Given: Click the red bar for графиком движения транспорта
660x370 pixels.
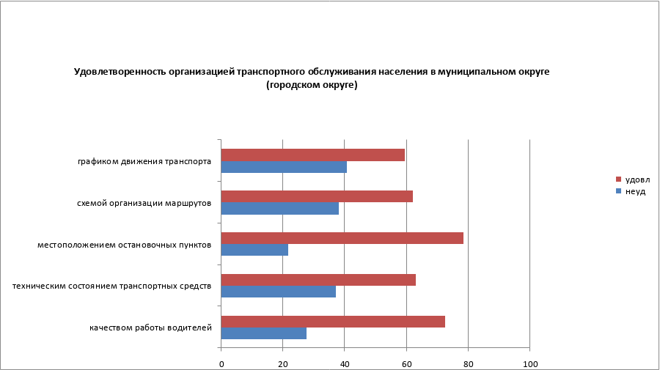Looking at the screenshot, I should tap(312, 155).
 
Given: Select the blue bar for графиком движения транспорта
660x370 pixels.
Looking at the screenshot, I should tap(284, 167).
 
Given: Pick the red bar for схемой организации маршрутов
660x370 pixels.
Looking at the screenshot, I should tap(317, 196).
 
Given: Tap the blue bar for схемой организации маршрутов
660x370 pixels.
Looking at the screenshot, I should tap(279, 208).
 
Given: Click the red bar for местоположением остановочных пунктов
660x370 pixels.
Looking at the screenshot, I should tap(342, 238).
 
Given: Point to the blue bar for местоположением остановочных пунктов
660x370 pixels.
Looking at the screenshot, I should tap(254, 250).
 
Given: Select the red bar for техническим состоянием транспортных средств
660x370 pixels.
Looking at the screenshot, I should tap(318, 280).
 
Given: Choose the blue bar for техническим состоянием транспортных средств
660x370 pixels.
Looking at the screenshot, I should tap(278, 292).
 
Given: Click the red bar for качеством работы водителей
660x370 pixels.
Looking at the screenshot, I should tap(333, 322).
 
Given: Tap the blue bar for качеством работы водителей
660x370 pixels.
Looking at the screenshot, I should tap(263, 333).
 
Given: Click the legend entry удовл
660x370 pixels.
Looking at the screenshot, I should tap(637, 180).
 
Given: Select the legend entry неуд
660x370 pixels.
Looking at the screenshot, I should tap(634, 191).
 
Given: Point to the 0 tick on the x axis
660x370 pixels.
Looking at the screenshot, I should tap(221, 364).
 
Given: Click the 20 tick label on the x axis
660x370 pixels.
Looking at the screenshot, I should tap(282, 364).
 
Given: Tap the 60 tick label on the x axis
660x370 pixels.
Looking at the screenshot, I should tap(406, 364).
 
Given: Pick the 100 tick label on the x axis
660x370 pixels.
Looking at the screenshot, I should tap(529, 364).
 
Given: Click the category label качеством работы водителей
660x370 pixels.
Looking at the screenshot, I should tap(151, 328).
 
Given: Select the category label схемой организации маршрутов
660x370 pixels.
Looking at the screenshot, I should tap(144, 203).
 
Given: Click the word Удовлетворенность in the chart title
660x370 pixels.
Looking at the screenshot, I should tap(117, 72).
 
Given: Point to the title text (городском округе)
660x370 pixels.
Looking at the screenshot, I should tap(312, 85).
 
